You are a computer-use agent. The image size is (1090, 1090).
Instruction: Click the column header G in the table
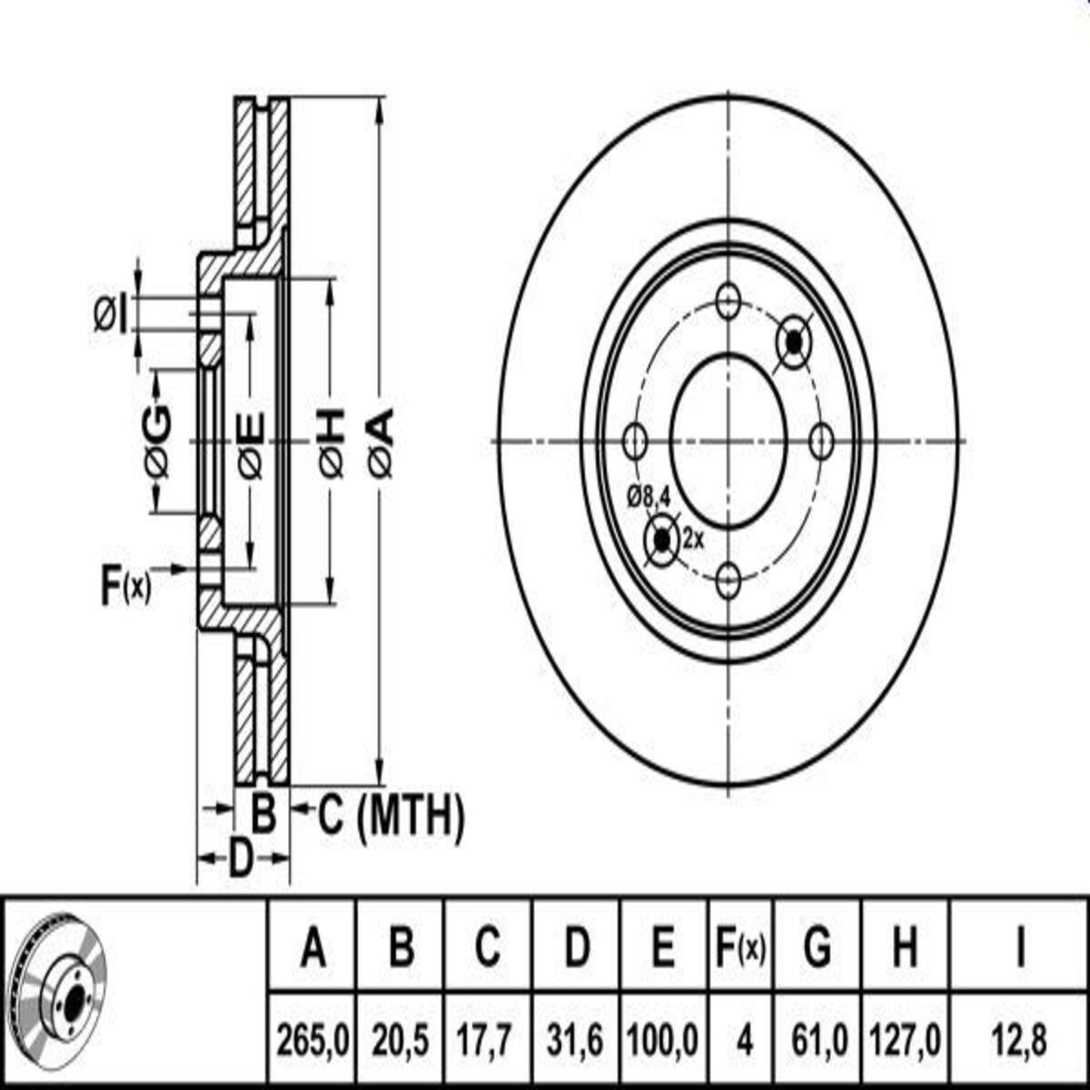(817, 948)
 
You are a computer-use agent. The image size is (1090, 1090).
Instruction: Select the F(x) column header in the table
(740, 949)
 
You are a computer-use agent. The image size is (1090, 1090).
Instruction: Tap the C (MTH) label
(391, 817)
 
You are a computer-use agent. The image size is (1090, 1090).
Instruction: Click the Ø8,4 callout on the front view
(649, 497)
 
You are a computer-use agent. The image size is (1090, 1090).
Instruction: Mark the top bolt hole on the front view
(728, 301)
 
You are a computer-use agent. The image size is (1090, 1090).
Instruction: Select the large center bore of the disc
(728, 441)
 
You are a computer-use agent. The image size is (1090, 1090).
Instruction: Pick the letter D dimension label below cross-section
(241, 858)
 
